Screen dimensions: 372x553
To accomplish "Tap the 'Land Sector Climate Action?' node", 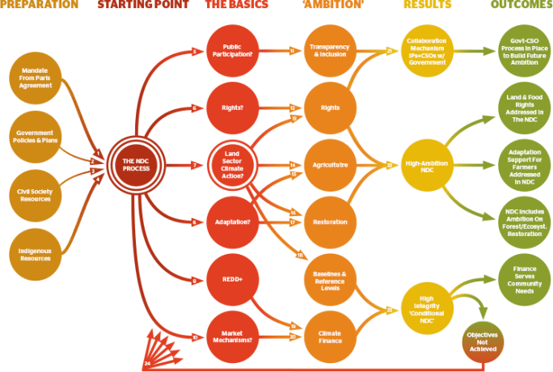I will coord(233,165).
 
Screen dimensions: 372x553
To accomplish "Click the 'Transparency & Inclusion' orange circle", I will coord(330,51).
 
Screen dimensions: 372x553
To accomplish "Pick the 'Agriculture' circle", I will coord(330,165).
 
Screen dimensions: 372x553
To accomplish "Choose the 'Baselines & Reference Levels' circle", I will coord(330,278).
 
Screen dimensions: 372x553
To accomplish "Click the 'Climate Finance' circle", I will coord(330,336).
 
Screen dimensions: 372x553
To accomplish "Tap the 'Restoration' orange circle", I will coord(330,222).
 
